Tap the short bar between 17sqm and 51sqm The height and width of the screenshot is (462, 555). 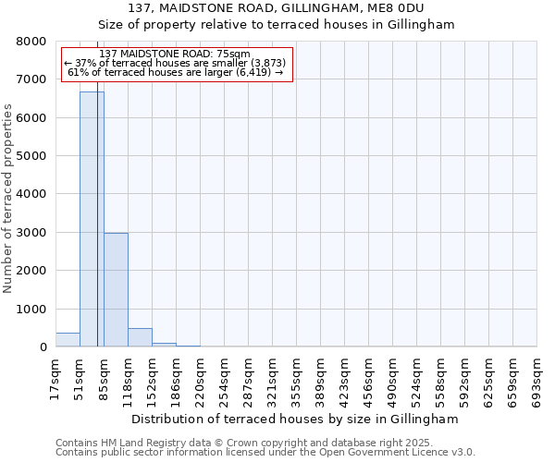(x=68, y=340)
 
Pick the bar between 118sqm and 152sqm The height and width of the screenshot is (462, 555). (x=140, y=337)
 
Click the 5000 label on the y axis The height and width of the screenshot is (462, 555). (x=31, y=156)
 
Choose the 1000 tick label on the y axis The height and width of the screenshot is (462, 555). (x=31, y=310)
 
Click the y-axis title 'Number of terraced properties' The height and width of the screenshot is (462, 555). (x=8, y=199)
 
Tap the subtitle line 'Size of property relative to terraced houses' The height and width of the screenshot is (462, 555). (x=277, y=25)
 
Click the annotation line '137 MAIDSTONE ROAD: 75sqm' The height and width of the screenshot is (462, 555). (x=174, y=55)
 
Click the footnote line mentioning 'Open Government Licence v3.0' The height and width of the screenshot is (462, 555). (x=265, y=453)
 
